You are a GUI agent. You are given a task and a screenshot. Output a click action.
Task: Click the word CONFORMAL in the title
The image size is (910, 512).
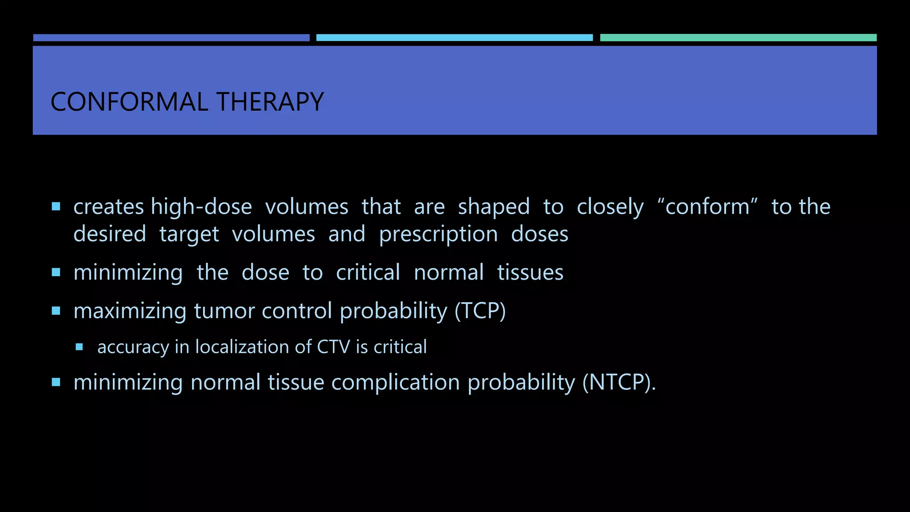tap(129, 102)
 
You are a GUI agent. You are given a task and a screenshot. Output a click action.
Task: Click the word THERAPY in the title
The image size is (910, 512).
tap(270, 102)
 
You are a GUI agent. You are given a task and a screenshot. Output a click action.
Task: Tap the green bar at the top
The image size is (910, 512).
tap(738, 38)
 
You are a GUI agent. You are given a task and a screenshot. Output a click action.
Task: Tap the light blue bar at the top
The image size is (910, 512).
tap(454, 38)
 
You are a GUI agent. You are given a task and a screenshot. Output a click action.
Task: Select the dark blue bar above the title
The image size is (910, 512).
tap(171, 38)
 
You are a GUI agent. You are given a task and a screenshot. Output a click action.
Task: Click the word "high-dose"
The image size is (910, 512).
tap(201, 207)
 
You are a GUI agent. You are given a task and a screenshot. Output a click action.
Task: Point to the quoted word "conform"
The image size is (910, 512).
tap(707, 207)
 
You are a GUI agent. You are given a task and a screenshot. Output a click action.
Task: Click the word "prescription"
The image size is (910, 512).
tap(438, 235)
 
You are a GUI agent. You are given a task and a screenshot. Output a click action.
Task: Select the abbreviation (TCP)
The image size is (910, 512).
tap(480, 311)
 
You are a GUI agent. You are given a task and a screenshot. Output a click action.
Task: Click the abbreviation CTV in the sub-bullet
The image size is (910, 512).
tap(333, 347)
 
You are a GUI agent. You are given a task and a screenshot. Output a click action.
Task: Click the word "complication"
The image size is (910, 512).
tap(395, 383)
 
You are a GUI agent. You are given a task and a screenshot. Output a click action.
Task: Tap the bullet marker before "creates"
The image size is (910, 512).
tap(56, 207)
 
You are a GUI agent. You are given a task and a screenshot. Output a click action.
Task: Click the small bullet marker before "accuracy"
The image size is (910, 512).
tap(80, 347)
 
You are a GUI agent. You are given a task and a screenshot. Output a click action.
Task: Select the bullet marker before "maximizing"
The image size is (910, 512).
tap(56, 311)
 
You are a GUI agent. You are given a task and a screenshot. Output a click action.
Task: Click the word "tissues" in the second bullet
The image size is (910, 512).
tap(530, 272)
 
